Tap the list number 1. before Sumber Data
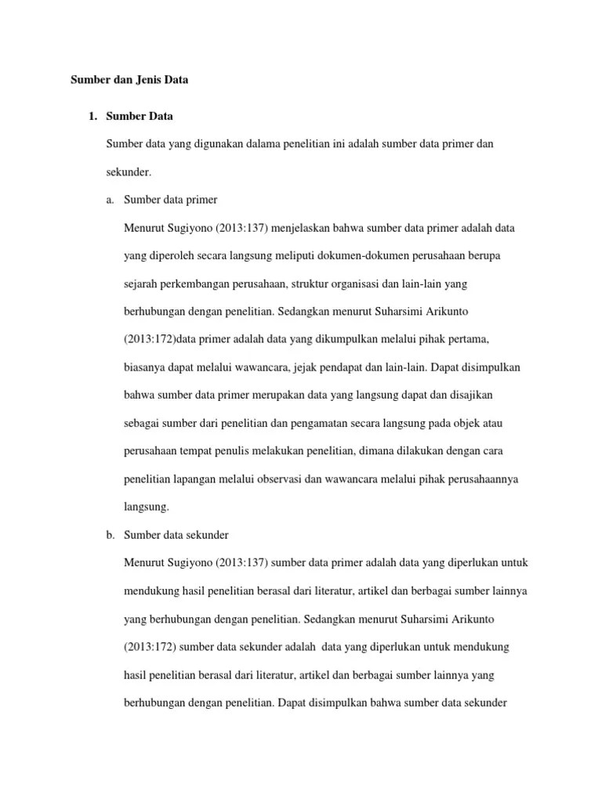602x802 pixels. tap(92, 117)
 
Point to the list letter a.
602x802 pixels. tap(110, 200)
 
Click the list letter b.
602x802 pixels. tap(110, 535)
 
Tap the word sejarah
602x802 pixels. tap(141, 284)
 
